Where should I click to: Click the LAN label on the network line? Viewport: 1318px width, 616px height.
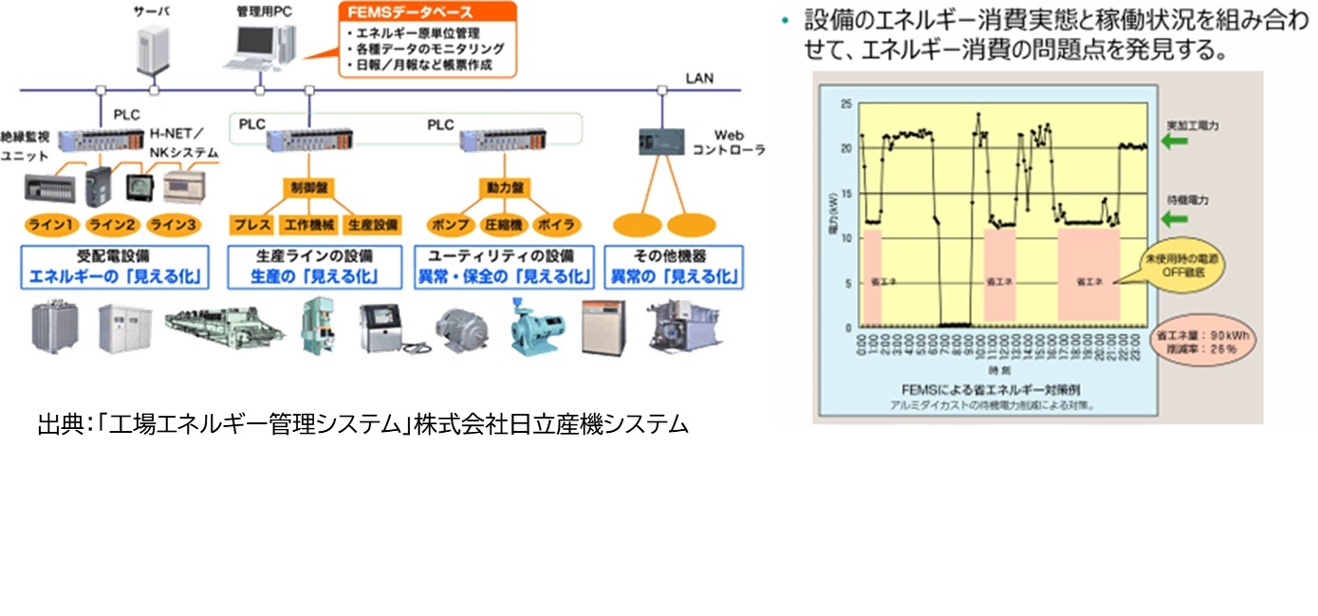pos(699,78)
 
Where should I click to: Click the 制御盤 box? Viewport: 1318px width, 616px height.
pos(308,188)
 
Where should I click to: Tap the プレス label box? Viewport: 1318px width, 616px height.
pos(251,225)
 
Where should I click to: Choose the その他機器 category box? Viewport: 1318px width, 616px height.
pos(675,267)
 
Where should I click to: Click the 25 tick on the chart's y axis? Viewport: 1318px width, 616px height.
pos(846,103)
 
